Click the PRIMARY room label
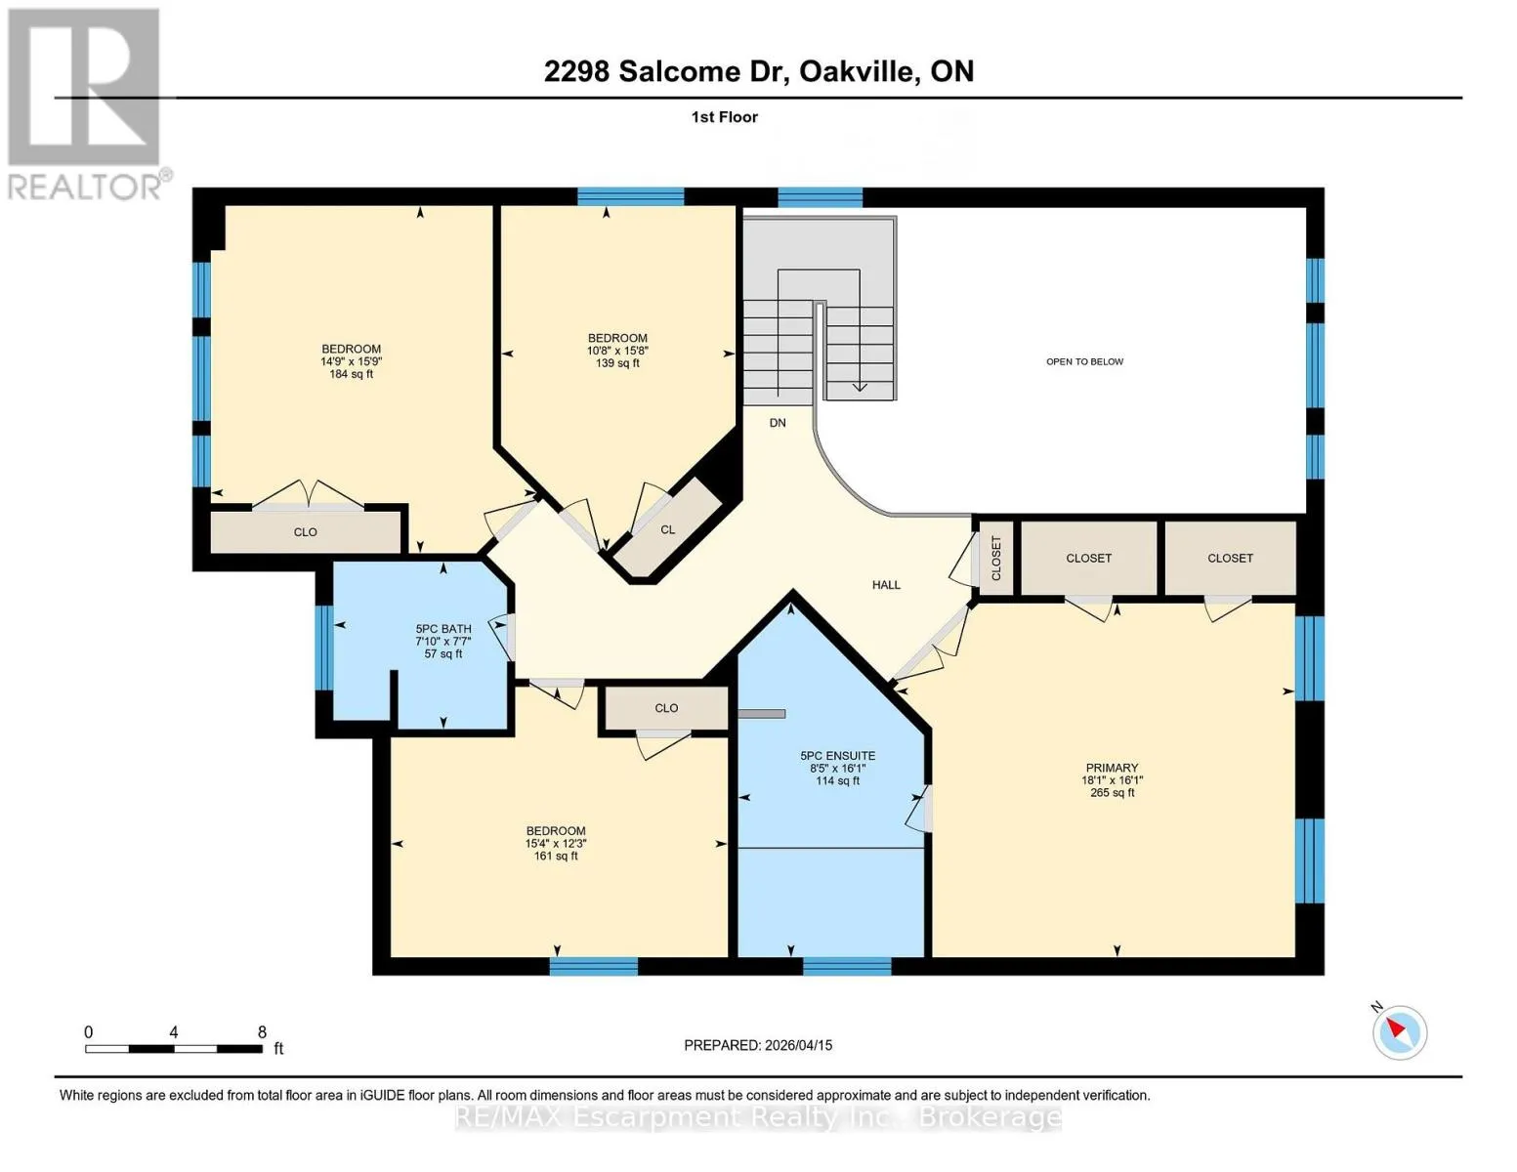click(x=1112, y=768)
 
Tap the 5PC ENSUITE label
click(x=838, y=756)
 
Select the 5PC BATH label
click(x=443, y=629)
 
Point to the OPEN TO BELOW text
click(x=1085, y=361)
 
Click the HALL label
click(x=886, y=585)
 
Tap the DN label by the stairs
click(x=778, y=423)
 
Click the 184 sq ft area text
click(x=351, y=374)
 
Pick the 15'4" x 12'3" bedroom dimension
click(x=556, y=843)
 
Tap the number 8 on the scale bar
click(x=263, y=1032)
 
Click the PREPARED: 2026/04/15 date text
click(x=758, y=1045)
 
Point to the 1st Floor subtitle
click(x=725, y=117)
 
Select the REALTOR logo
click(x=87, y=105)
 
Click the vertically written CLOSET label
click(x=996, y=559)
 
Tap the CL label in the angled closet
click(x=668, y=529)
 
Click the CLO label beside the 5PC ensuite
click(x=666, y=708)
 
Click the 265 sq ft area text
click(x=1112, y=793)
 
